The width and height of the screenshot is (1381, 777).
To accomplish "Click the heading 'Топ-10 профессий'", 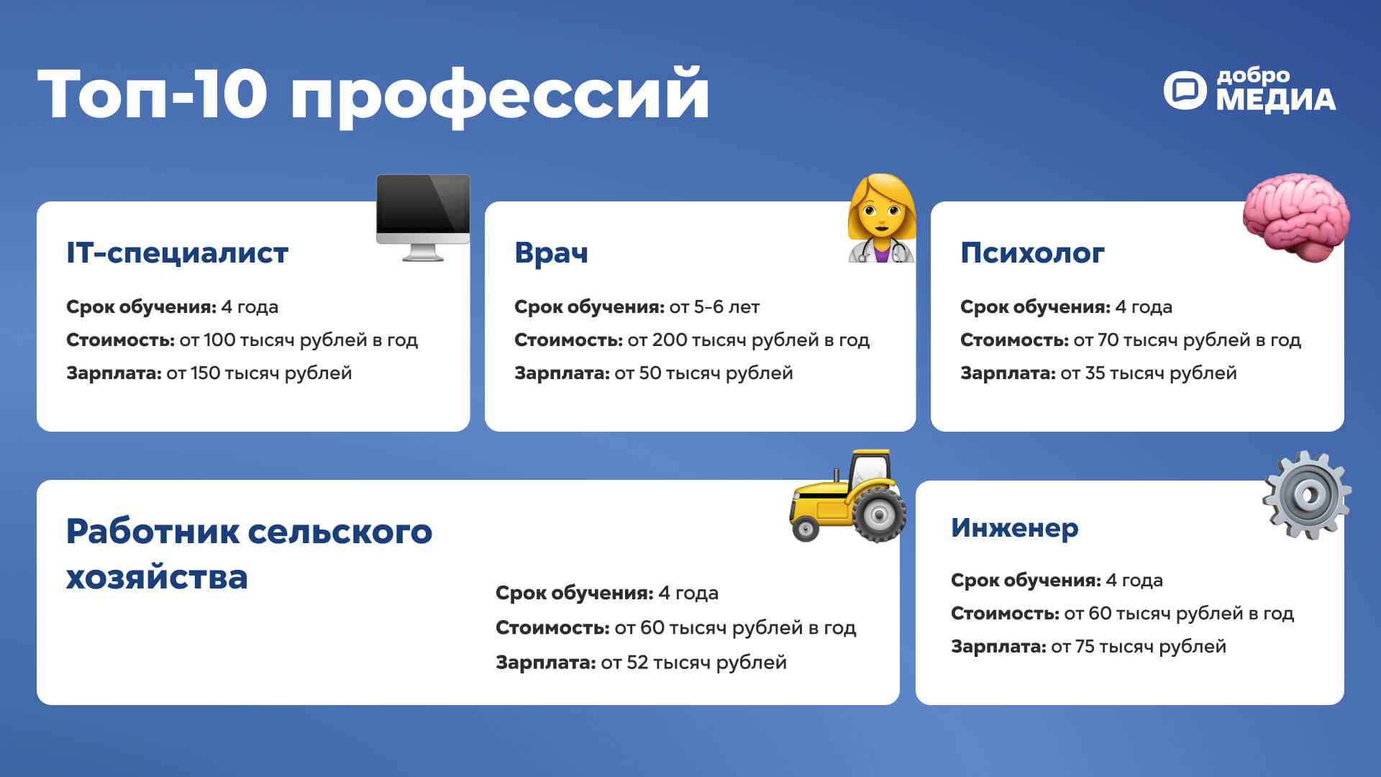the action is [373, 95].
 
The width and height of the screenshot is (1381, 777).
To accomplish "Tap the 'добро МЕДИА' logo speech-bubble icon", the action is [1185, 91].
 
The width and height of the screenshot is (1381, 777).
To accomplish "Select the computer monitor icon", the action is [423, 217].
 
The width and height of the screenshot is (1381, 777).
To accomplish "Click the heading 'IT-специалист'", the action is [177, 253].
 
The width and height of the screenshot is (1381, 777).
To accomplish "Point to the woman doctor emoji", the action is [882, 218].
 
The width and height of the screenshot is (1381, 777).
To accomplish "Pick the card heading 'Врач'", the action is [551, 253].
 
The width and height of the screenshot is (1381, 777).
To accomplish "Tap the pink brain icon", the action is [1296, 217].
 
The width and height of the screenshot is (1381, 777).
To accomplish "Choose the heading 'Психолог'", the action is [1032, 253].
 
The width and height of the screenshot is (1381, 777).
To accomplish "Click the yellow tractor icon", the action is [848, 496].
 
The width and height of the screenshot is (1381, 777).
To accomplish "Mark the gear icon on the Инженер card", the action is [1307, 495].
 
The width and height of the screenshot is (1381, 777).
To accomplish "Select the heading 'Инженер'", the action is [1014, 528].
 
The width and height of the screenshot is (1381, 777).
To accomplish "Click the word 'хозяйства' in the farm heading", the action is [157, 578].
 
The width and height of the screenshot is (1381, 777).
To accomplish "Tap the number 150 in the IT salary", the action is [205, 373].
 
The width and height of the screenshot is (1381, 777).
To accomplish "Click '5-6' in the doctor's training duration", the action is [708, 307].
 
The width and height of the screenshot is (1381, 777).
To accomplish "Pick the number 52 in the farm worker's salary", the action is [637, 663].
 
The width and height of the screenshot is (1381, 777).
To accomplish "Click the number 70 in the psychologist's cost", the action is [1108, 340].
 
